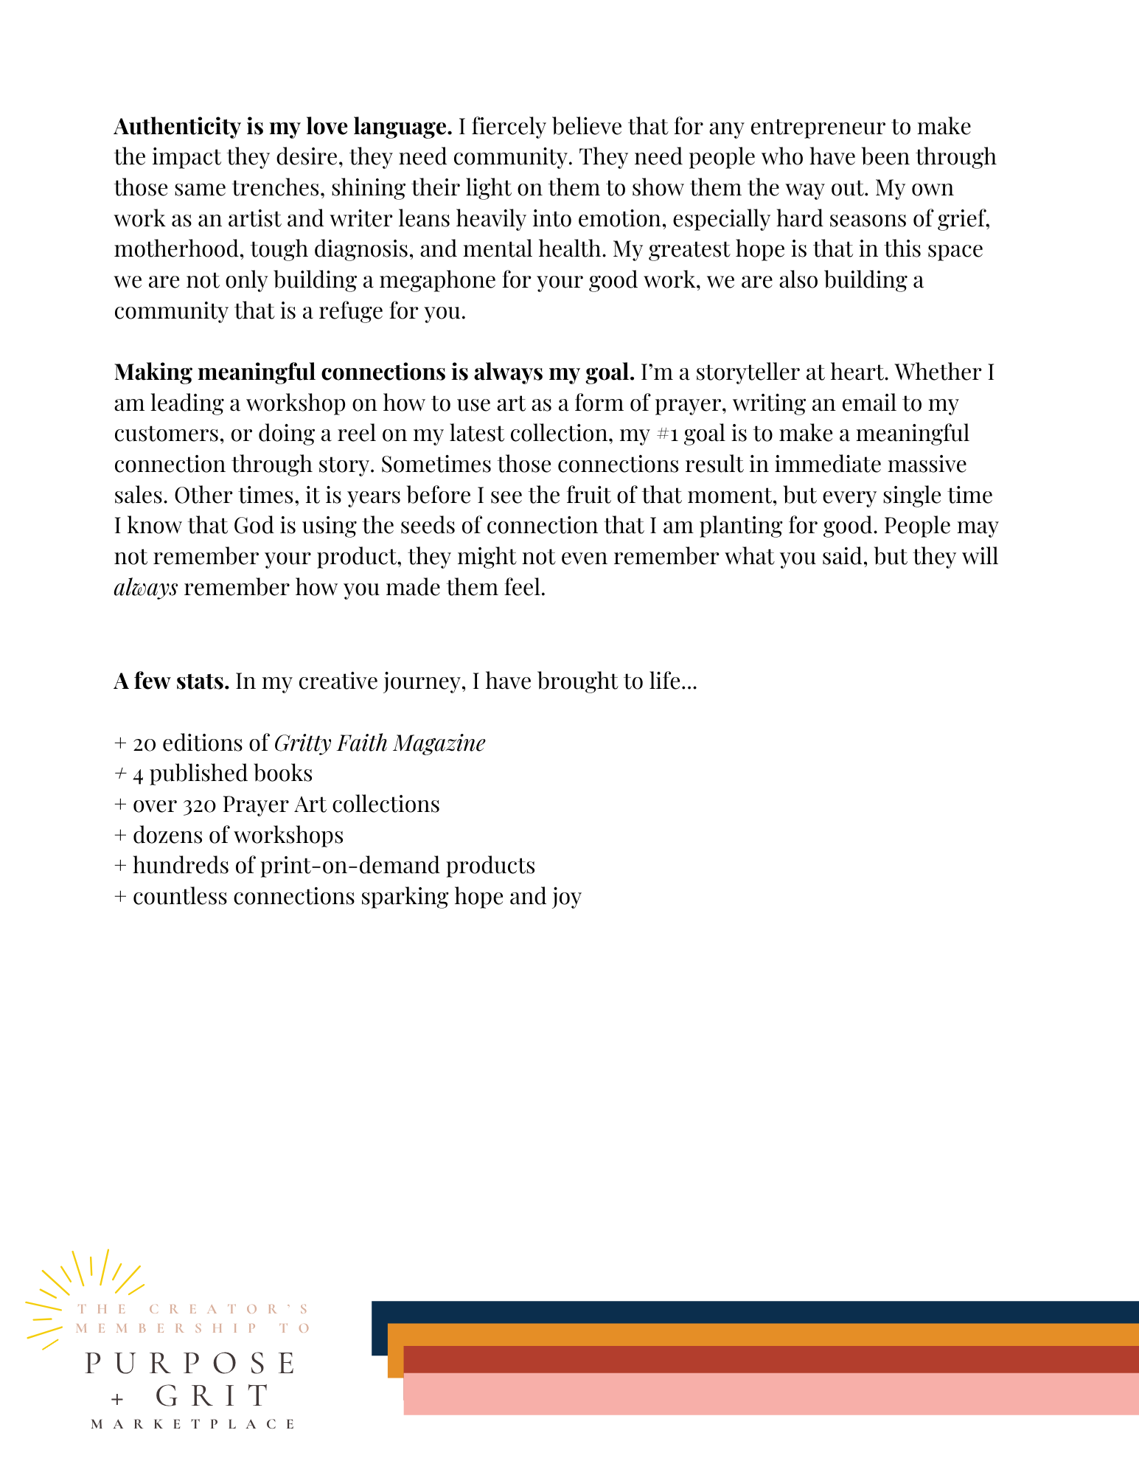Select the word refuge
351,311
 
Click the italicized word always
146,588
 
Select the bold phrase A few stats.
171,681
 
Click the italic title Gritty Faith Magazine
380,743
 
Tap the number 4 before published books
138,774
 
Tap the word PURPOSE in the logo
191,1364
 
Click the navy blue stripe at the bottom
752,1312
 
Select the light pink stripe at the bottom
770,1393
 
